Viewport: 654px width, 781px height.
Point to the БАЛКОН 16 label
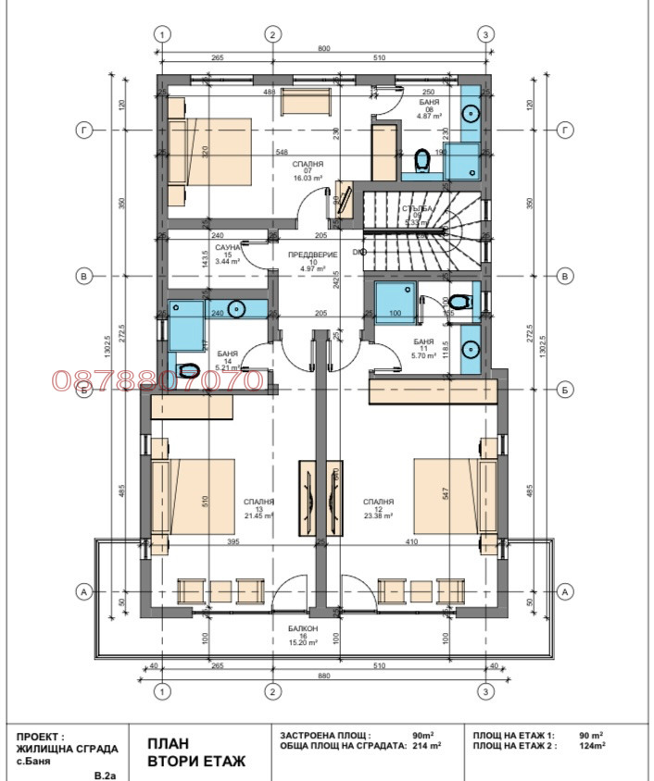pos(303,635)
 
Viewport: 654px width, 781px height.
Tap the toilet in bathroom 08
pos(422,162)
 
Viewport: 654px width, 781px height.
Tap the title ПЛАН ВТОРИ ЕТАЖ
pos(195,751)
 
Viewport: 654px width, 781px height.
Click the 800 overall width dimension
pos(323,47)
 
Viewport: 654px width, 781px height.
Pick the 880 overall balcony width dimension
pos(323,676)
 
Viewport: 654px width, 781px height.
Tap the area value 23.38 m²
pos(378,516)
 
